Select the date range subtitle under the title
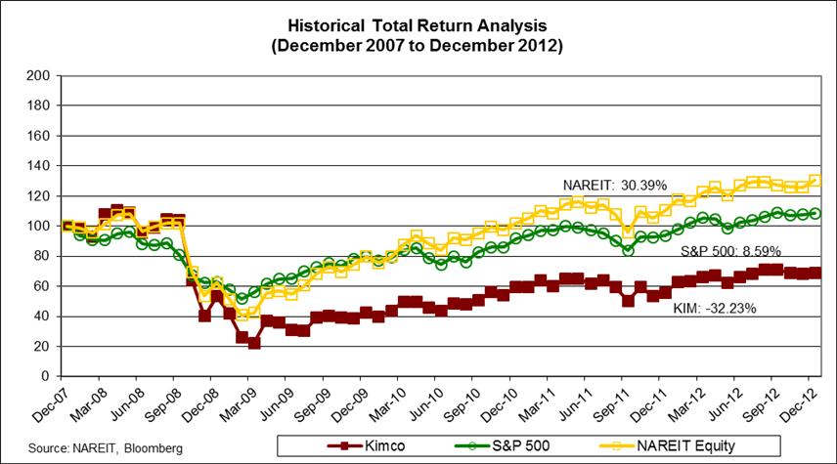point(418,45)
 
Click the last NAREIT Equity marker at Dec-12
point(815,181)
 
